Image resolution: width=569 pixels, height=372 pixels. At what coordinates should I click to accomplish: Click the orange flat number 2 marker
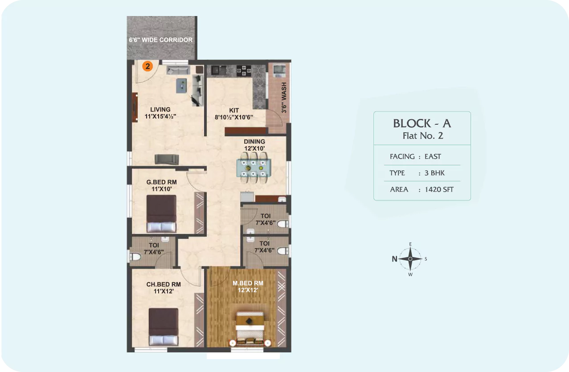[x=147, y=66]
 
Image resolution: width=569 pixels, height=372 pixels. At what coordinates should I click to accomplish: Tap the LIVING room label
[x=160, y=110]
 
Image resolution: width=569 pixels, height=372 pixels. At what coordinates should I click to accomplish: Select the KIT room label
[x=234, y=110]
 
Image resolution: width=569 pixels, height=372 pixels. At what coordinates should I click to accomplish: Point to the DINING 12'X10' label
[x=254, y=145]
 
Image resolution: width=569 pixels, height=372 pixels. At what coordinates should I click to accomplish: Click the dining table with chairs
[x=254, y=168]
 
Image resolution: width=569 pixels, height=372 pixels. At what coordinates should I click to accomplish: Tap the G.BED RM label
[x=162, y=182]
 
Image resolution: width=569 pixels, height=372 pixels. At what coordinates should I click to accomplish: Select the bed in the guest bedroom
[x=161, y=213]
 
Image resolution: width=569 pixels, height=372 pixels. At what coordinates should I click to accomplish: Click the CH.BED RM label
[x=164, y=284]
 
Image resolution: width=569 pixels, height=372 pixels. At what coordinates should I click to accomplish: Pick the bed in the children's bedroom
[x=164, y=327]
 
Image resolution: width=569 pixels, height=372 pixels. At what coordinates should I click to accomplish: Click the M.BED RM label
[x=248, y=283]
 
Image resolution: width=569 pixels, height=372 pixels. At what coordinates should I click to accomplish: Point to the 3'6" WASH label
[x=284, y=98]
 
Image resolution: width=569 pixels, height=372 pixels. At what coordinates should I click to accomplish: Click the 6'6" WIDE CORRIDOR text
[x=160, y=40]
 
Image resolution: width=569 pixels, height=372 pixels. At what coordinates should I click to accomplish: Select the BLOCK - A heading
[x=422, y=124]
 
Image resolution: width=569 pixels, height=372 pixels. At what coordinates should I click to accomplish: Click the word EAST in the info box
[x=433, y=156]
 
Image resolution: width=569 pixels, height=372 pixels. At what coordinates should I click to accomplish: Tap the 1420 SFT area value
[x=439, y=189]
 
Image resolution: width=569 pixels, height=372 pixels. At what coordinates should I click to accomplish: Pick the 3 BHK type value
[x=434, y=173]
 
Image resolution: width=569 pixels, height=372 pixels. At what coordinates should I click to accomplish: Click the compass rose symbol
[x=410, y=259]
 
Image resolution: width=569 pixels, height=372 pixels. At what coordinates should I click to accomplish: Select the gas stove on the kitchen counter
[x=244, y=70]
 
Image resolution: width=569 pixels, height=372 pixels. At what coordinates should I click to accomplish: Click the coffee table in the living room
[x=181, y=86]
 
